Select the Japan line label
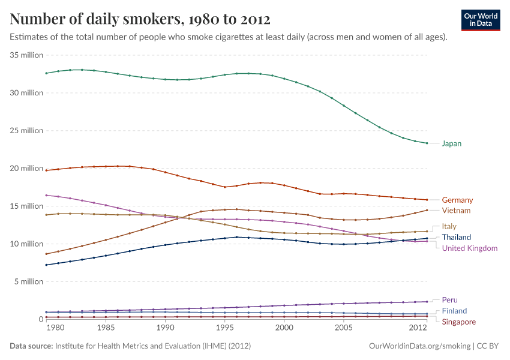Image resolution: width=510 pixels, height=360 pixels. pyautogui.click(x=451, y=143)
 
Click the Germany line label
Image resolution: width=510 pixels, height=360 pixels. pyautogui.click(x=457, y=200)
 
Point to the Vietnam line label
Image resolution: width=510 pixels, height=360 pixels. pyautogui.click(x=456, y=211)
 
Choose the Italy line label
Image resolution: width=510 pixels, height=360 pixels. pyautogui.click(x=449, y=226)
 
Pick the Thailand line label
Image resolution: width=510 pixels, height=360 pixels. pyautogui.click(x=456, y=238)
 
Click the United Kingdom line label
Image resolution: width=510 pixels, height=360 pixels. pyautogui.click(x=469, y=248)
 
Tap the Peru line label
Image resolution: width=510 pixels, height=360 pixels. pyautogui.click(x=449, y=299)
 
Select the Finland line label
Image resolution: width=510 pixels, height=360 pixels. pyautogui.click(x=454, y=311)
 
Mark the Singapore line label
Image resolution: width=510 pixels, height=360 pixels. pyautogui.click(x=458, y=322)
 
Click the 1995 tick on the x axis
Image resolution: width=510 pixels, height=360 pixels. pyautogui.click(x=225, y=329)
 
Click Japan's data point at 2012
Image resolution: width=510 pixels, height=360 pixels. pyautogui.click(x=427, y=143)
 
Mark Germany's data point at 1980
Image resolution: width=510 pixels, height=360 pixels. pyautogui.click(x=46, y=170)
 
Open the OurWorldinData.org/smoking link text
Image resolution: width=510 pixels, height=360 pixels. pyautogui.click(x=418, y=346)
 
